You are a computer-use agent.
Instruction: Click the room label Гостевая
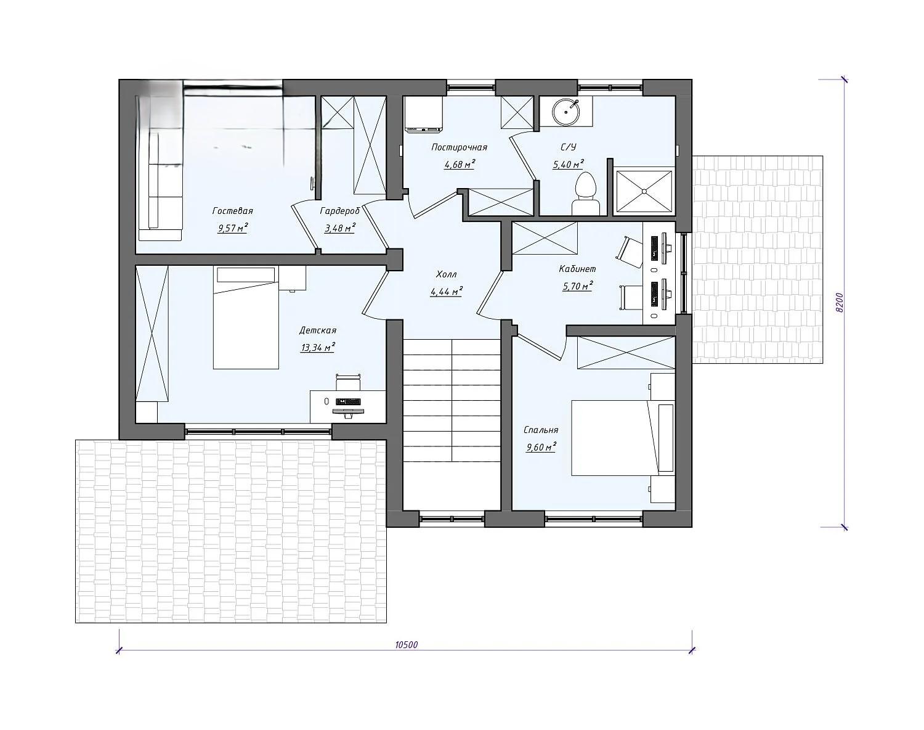tap(232, 211)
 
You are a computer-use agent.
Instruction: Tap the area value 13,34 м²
tap(318, 347)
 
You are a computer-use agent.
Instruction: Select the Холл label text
tap(447, 274)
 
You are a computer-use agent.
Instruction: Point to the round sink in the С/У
tap(566, 112)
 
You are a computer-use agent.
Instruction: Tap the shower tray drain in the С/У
tap(644, 191)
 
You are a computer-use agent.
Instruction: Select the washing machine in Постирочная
tap(424, 114)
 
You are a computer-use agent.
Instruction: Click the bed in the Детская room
tap(246, 318)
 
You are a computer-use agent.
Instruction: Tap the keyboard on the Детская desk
tap(348, 402)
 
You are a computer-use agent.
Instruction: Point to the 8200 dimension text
tap(840, 303)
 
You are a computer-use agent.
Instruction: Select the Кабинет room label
tap(578, 269)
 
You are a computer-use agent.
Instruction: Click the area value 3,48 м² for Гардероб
tap(339, 228)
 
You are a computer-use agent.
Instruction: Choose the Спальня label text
tap(541, 430)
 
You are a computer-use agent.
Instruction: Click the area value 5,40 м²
tap(568, 164)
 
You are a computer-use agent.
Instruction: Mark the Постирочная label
tap(460, 147)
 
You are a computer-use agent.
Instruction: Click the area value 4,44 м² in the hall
tap(447, 292)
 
